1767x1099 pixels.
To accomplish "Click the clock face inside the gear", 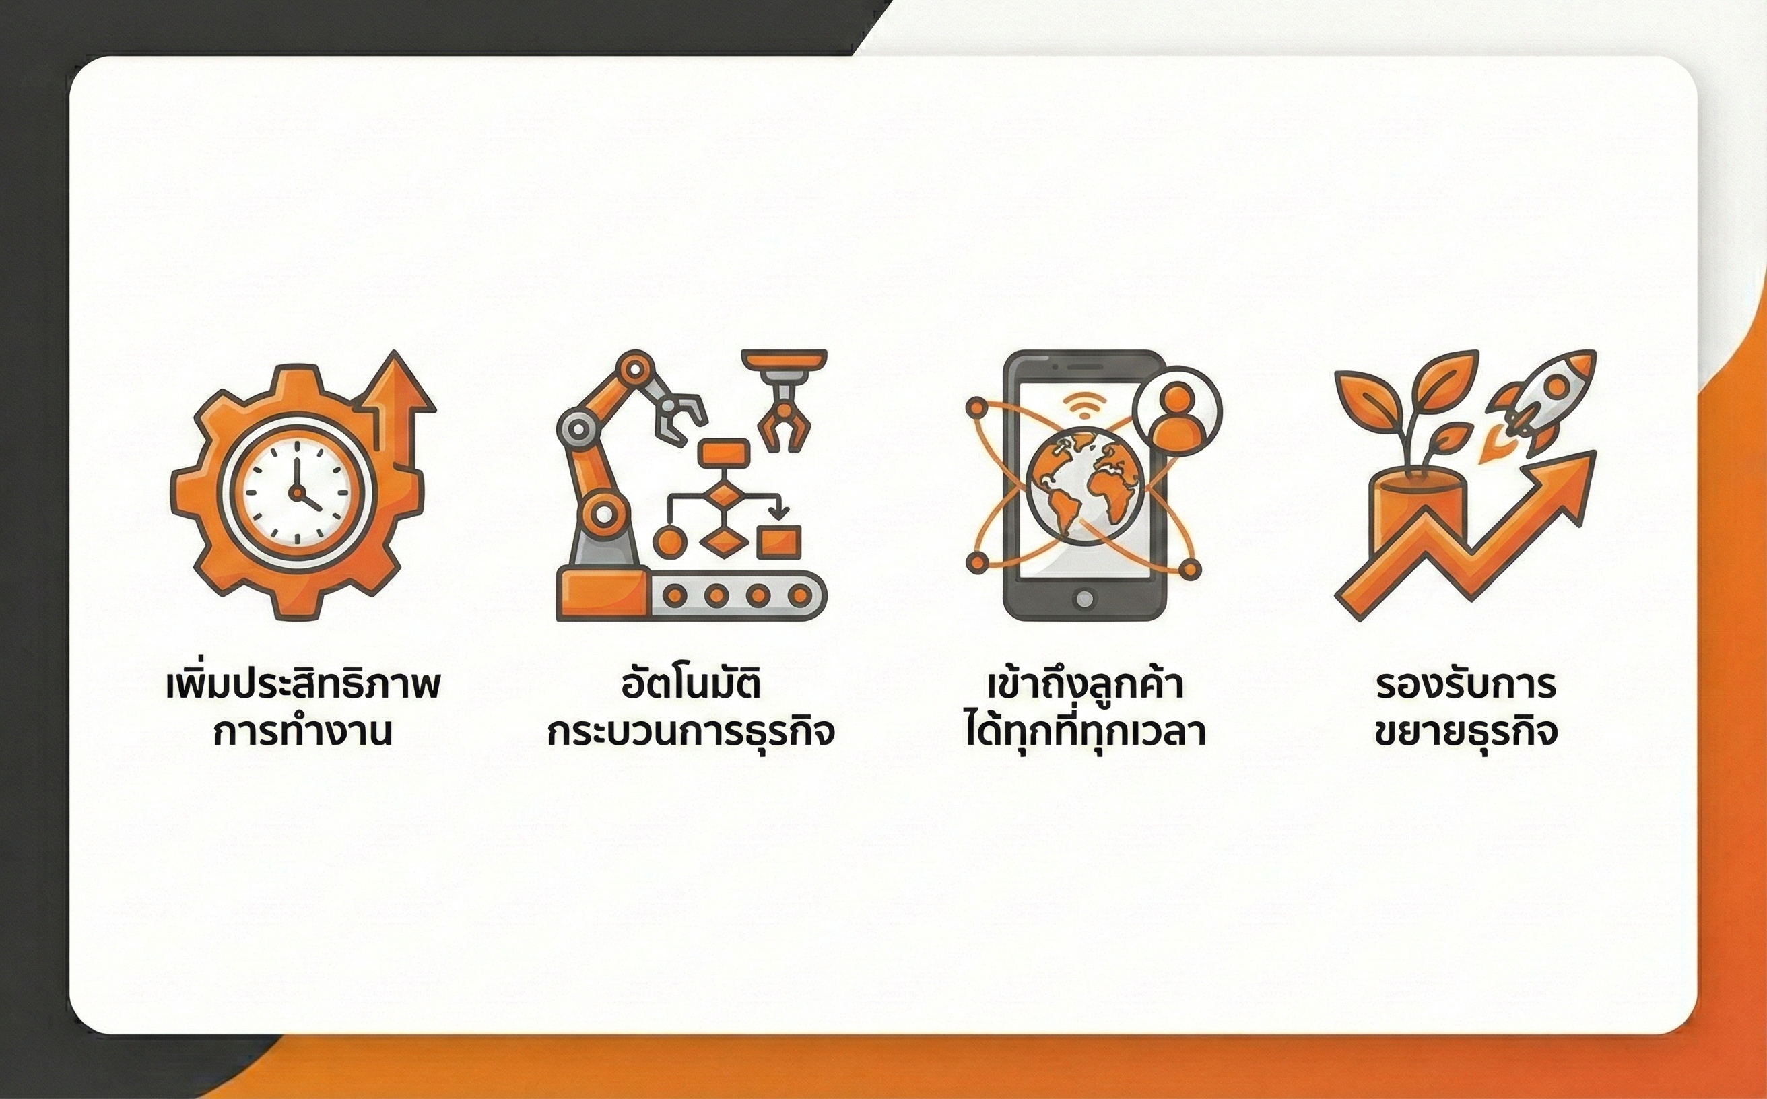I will point(296,492).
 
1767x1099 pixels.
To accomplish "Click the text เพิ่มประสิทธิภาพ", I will point(303,685).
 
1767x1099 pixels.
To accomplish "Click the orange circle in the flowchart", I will point(669,541).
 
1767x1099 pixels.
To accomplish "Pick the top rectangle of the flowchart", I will point(723,452).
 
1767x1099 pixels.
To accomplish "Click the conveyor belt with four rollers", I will point(738,595).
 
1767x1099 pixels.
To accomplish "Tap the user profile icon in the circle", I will point(1177,411).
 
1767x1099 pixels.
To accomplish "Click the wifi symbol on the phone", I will point(1083,404).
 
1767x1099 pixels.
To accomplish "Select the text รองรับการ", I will point(1466,685).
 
